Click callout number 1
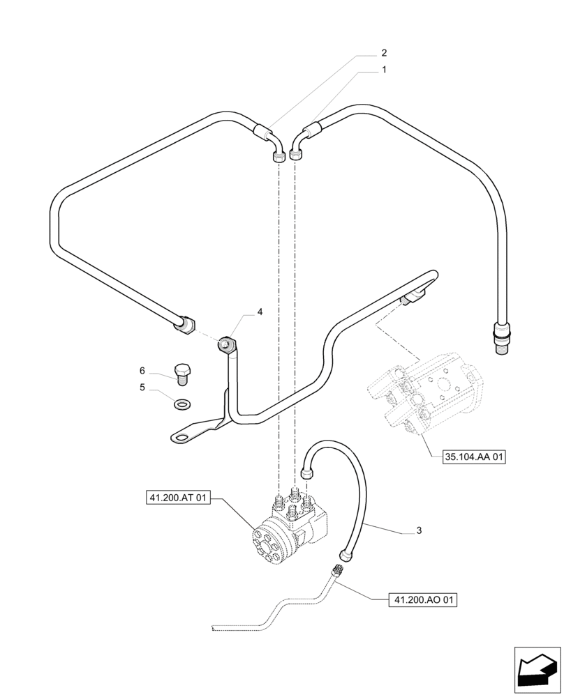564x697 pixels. click(383, 70)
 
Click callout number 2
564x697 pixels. click(383, 53)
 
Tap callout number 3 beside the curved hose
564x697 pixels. click(419, 531)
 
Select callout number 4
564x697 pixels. click(260, 312)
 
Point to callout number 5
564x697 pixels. click(142, 388)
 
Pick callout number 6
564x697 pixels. click(142, 370)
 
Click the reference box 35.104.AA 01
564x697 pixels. click(474, 458)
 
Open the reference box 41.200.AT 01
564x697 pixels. click(178, 498)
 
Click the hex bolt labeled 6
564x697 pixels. click(183, 373)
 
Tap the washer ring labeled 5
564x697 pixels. click(183, 403)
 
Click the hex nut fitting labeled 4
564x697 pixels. click(226, 343)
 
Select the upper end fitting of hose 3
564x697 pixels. click(305, 473)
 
